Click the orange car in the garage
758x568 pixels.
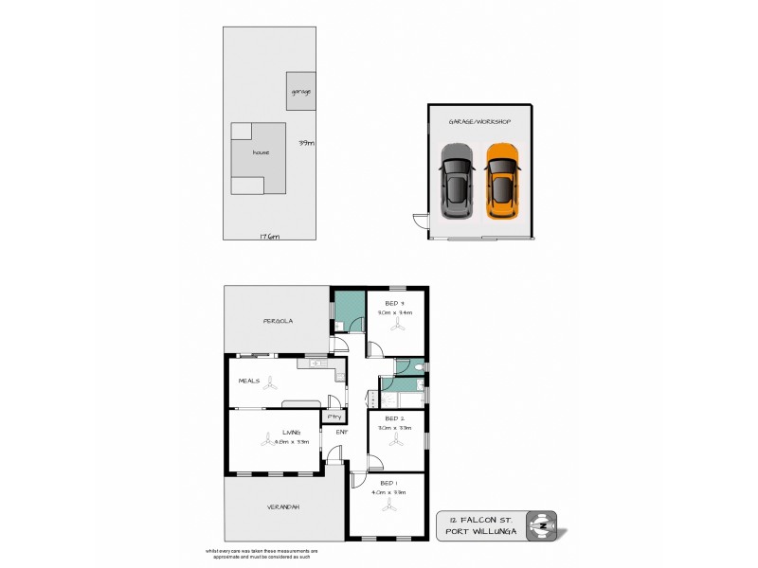point(502,181)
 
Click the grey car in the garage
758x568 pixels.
point(457,181)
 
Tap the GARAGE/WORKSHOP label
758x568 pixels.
point(479,122)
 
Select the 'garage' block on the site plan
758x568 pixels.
point(301,91)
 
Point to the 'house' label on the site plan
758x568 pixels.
point(261,151)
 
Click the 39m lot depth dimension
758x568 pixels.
point(306,143)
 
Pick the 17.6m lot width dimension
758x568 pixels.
point(269,236)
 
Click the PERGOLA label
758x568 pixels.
point(278,321)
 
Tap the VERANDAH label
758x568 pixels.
point(283,507)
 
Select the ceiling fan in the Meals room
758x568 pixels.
point(272,383)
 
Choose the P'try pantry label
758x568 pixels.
point(334,417)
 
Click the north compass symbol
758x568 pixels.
point(541,524)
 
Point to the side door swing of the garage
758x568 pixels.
point(418,222)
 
